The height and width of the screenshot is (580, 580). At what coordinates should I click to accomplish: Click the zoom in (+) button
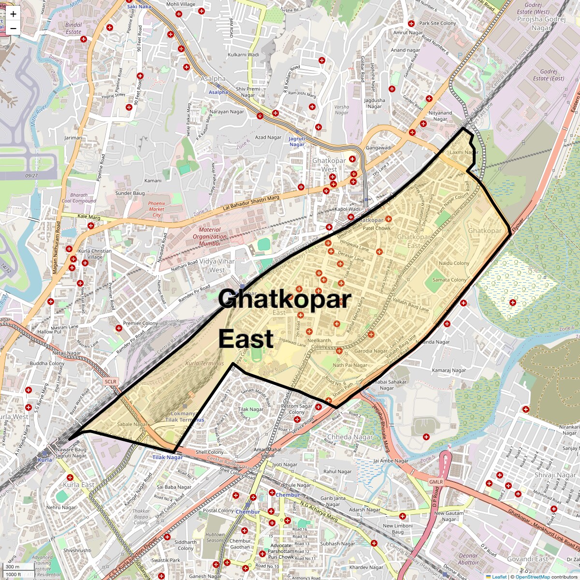(x=13, y=14)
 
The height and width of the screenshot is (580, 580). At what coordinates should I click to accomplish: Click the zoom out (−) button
(x=13, y=28)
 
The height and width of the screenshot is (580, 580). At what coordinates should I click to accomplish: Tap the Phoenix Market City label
(x=157, y=209)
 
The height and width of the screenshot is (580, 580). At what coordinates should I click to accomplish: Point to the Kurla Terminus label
(x=205, y=363)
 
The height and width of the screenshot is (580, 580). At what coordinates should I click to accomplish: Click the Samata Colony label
(x=449, y=280)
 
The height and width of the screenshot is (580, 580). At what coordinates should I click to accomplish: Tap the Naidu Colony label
(x=454, y=263)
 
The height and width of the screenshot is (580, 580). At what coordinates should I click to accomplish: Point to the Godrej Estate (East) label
(x=548, y=75)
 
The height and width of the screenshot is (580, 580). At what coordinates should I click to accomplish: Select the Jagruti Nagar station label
(x=297, y=142)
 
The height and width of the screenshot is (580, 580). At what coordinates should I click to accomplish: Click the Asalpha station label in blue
(x=218, y=92)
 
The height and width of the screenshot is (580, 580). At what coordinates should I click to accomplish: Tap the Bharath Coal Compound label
(x=79, y=198)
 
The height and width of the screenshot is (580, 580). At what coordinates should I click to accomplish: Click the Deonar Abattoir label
(x=468, y=559)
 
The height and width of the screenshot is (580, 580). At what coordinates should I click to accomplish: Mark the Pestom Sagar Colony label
(x=297, y=409)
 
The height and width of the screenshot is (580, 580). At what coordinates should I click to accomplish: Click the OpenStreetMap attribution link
(x=532, y=577)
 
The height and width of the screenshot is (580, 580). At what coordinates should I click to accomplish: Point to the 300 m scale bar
(x=13, y=566)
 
